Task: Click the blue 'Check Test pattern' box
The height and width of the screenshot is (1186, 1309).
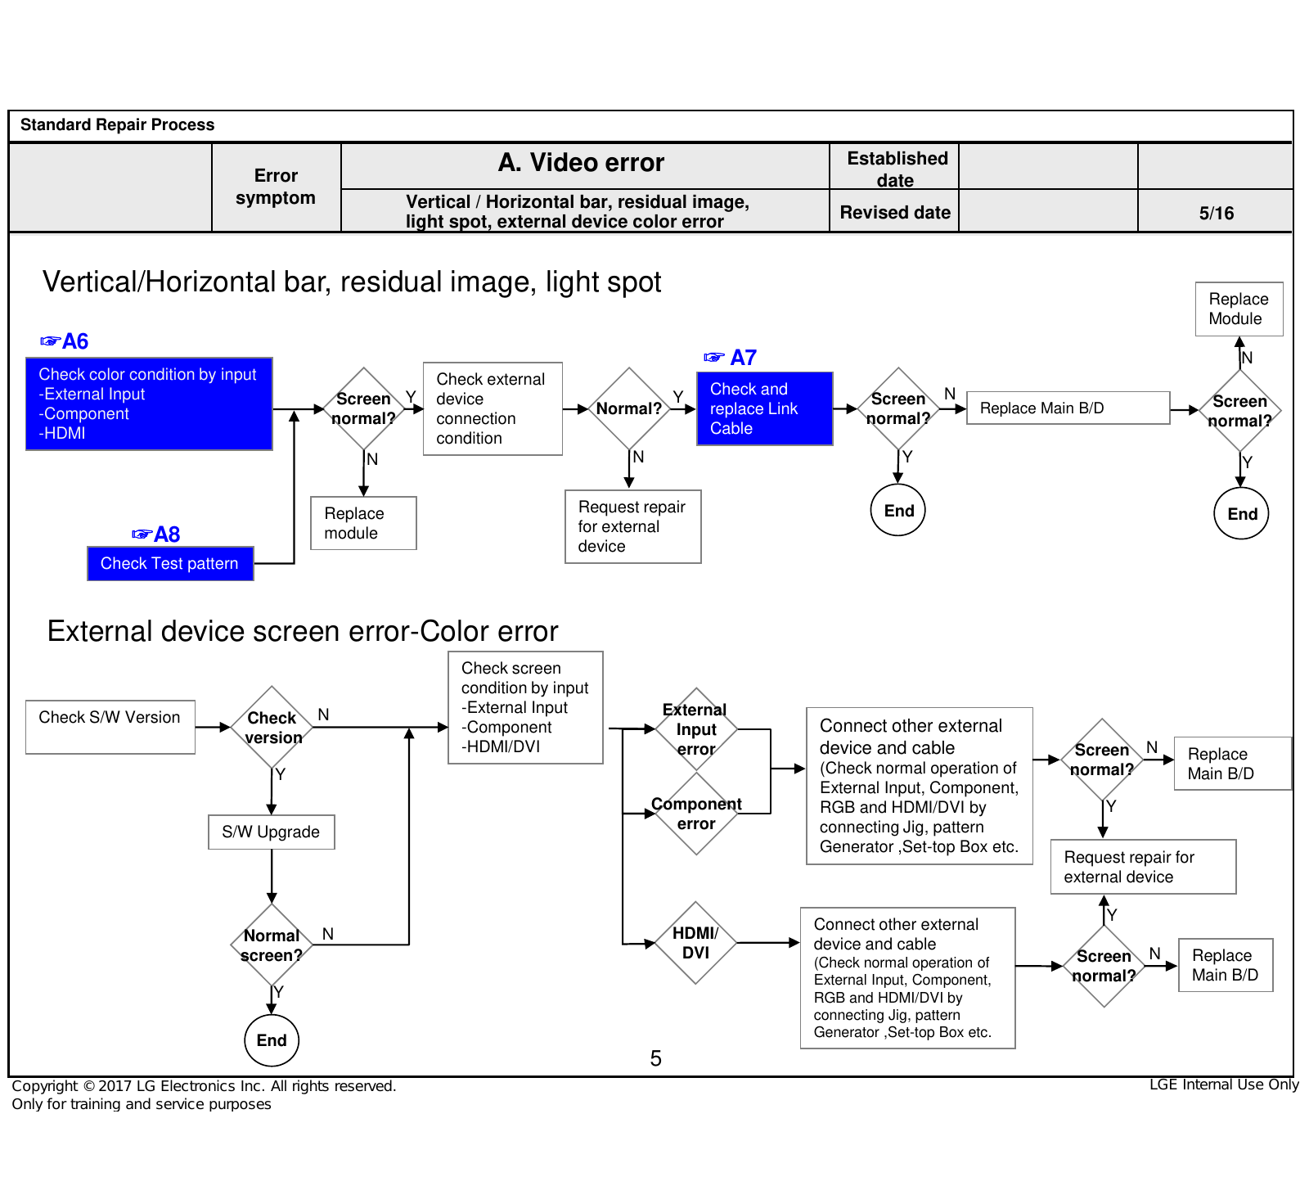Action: (x=170, y=564)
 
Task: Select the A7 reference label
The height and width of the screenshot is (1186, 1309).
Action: (x=730, y=358)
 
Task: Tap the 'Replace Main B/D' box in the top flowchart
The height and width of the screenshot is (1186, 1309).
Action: (x=1068, y=408)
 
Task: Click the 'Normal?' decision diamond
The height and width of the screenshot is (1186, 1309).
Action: (x=629, y=408)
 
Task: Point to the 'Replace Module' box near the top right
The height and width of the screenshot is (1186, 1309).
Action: (x=1239, y=309)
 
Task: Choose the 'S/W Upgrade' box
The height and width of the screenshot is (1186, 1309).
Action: (x=272, y=832)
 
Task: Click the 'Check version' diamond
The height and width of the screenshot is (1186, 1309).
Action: (x=272, y=727)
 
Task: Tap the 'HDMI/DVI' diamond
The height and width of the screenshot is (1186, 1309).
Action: (x=695, y=943)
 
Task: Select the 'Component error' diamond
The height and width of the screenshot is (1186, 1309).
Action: (x=696, y=814)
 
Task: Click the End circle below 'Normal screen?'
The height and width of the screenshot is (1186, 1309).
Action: (x=272, y=1039)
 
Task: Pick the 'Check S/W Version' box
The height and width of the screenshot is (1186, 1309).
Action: (x=110, y=727)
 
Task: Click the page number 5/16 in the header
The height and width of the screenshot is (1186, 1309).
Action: (x=1217, y=214)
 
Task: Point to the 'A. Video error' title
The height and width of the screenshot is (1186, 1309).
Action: (x=581, y=163)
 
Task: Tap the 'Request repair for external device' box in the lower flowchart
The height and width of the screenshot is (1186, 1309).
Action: (x=1143, y=867)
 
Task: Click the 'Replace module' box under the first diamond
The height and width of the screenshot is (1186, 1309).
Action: (x=364, y=523)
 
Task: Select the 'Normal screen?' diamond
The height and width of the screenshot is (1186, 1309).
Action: (x=272, y=945)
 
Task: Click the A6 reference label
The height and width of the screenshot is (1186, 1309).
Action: (x=65, y=341)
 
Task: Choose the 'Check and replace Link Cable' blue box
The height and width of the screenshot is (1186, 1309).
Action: (x=765, y=408)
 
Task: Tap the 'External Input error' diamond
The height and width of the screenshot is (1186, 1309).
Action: (x=696, y=728)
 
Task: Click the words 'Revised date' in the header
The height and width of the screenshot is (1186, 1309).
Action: (x=895, y=213)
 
